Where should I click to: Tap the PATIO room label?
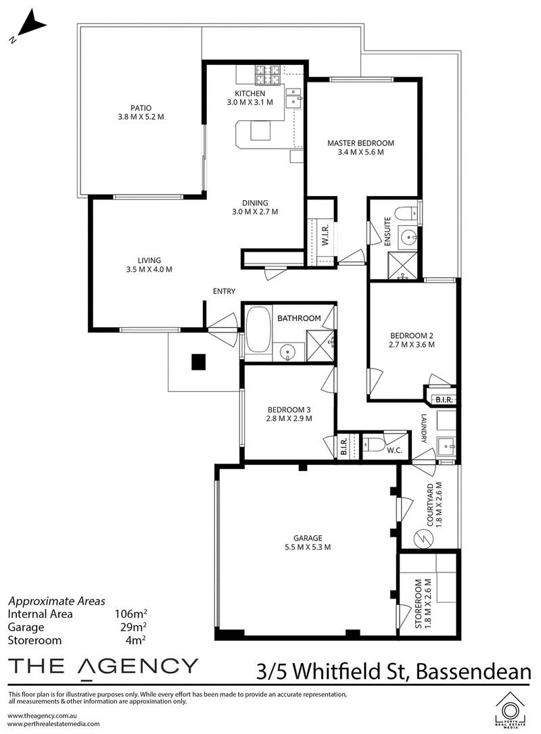pos(141,108)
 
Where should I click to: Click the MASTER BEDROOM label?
pos(360,143)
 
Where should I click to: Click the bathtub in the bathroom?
pos(256,329)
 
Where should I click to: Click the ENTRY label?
pos(224,291)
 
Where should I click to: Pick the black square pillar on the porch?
pos(198,362)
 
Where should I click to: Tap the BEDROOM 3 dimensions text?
pos(289,419)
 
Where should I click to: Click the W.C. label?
pos(394,451)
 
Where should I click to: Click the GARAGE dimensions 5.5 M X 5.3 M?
pos(308,547)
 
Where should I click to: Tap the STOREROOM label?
pos(419,603)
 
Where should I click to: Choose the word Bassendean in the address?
pos(473,672)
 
